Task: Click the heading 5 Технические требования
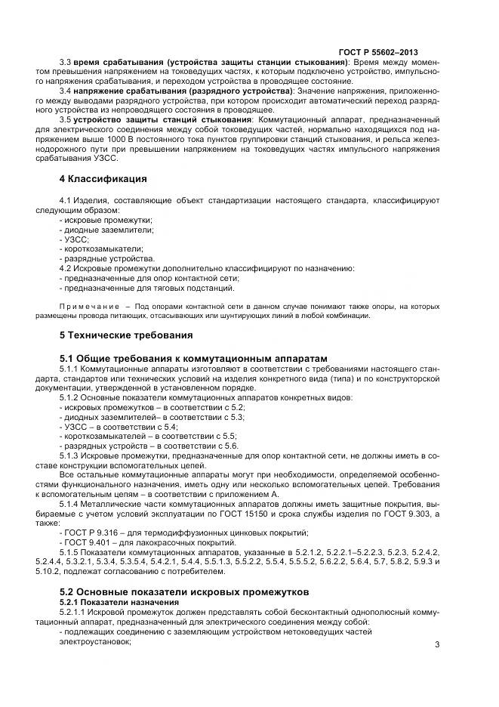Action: click(x=126, y=335)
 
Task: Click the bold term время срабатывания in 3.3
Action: click(x=110, y=61)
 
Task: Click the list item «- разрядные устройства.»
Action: click(x=106, y=258)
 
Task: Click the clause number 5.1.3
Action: click(x=71, y=455)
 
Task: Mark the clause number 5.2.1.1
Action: click(x=74, y=611)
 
